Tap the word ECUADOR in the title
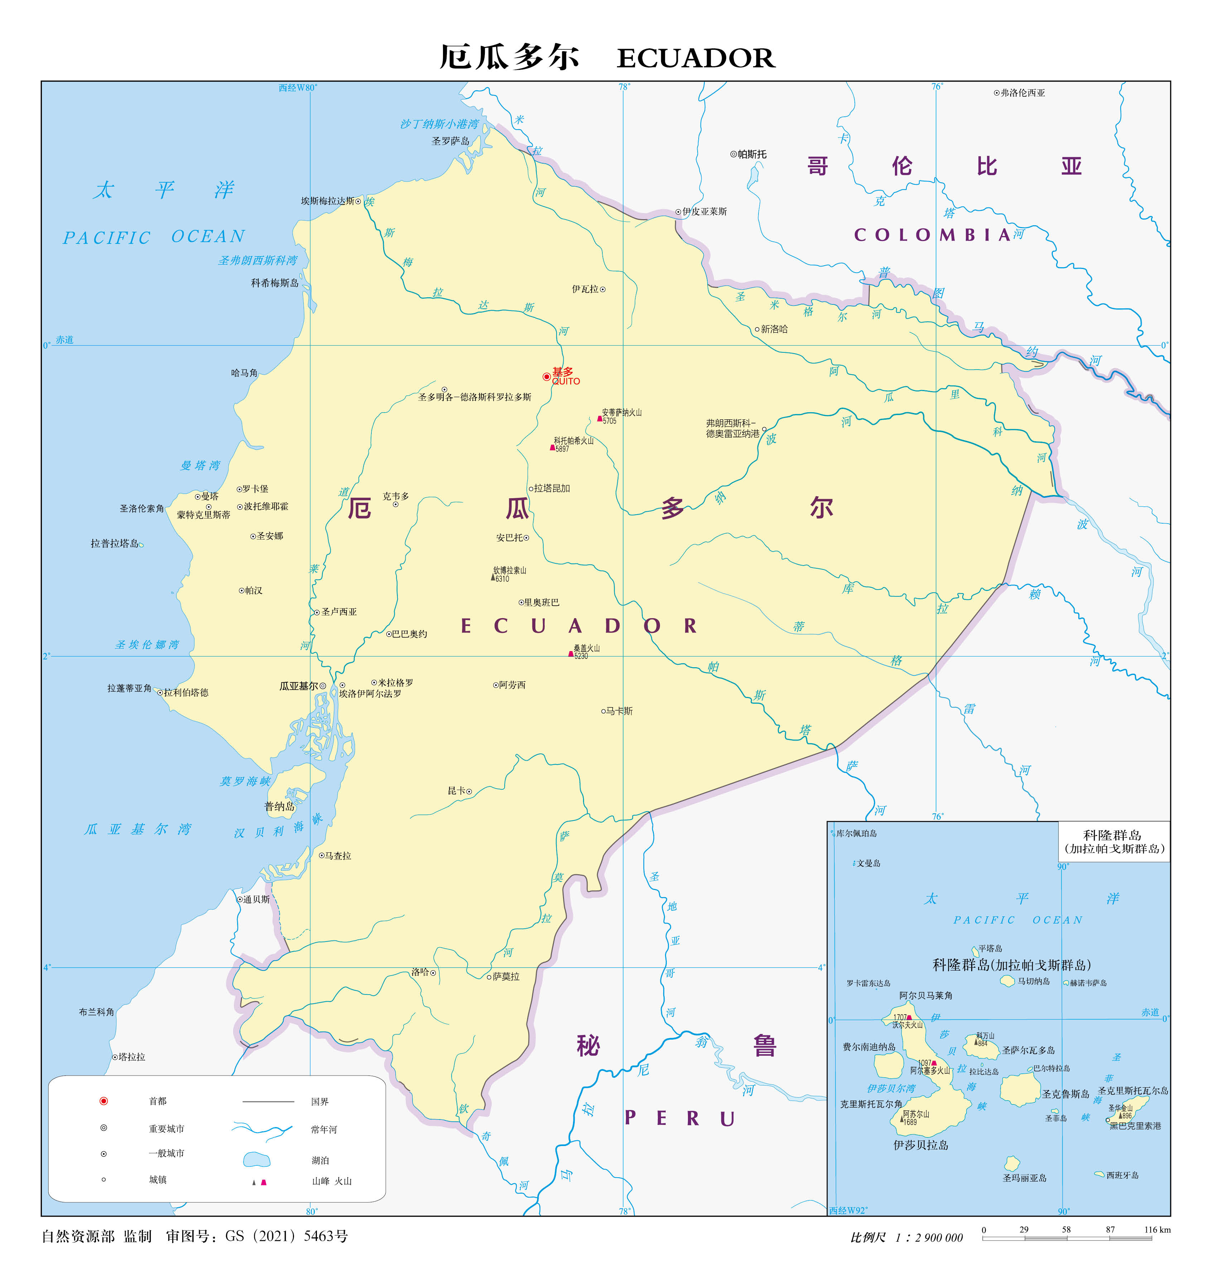coord(695,58)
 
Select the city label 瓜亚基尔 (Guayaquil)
coord(299,686)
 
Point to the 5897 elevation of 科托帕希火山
coord(562,449)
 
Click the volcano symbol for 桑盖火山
coord(570,654)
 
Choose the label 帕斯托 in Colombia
coord(751,154)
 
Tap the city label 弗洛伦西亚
coord(1022,93)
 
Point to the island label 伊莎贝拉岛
coord(921,1145)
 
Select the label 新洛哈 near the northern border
coord(774,329)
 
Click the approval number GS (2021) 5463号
coord(286,1236)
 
